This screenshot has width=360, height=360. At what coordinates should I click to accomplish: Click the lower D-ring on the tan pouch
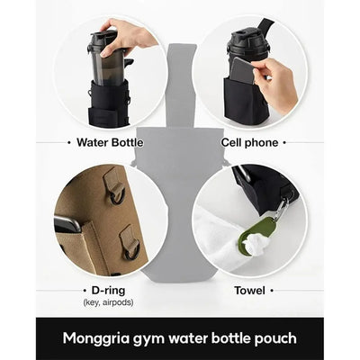point(130,241)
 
